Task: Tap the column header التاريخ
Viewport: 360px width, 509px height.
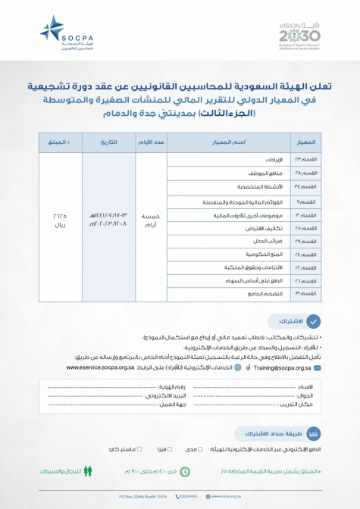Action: [x=105, y=142]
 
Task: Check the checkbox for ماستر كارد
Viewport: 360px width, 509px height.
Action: [x=139, y=449]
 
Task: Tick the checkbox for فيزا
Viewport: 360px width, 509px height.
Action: [x=173, y=449]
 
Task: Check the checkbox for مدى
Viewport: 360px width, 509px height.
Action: [x=200, y=449]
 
